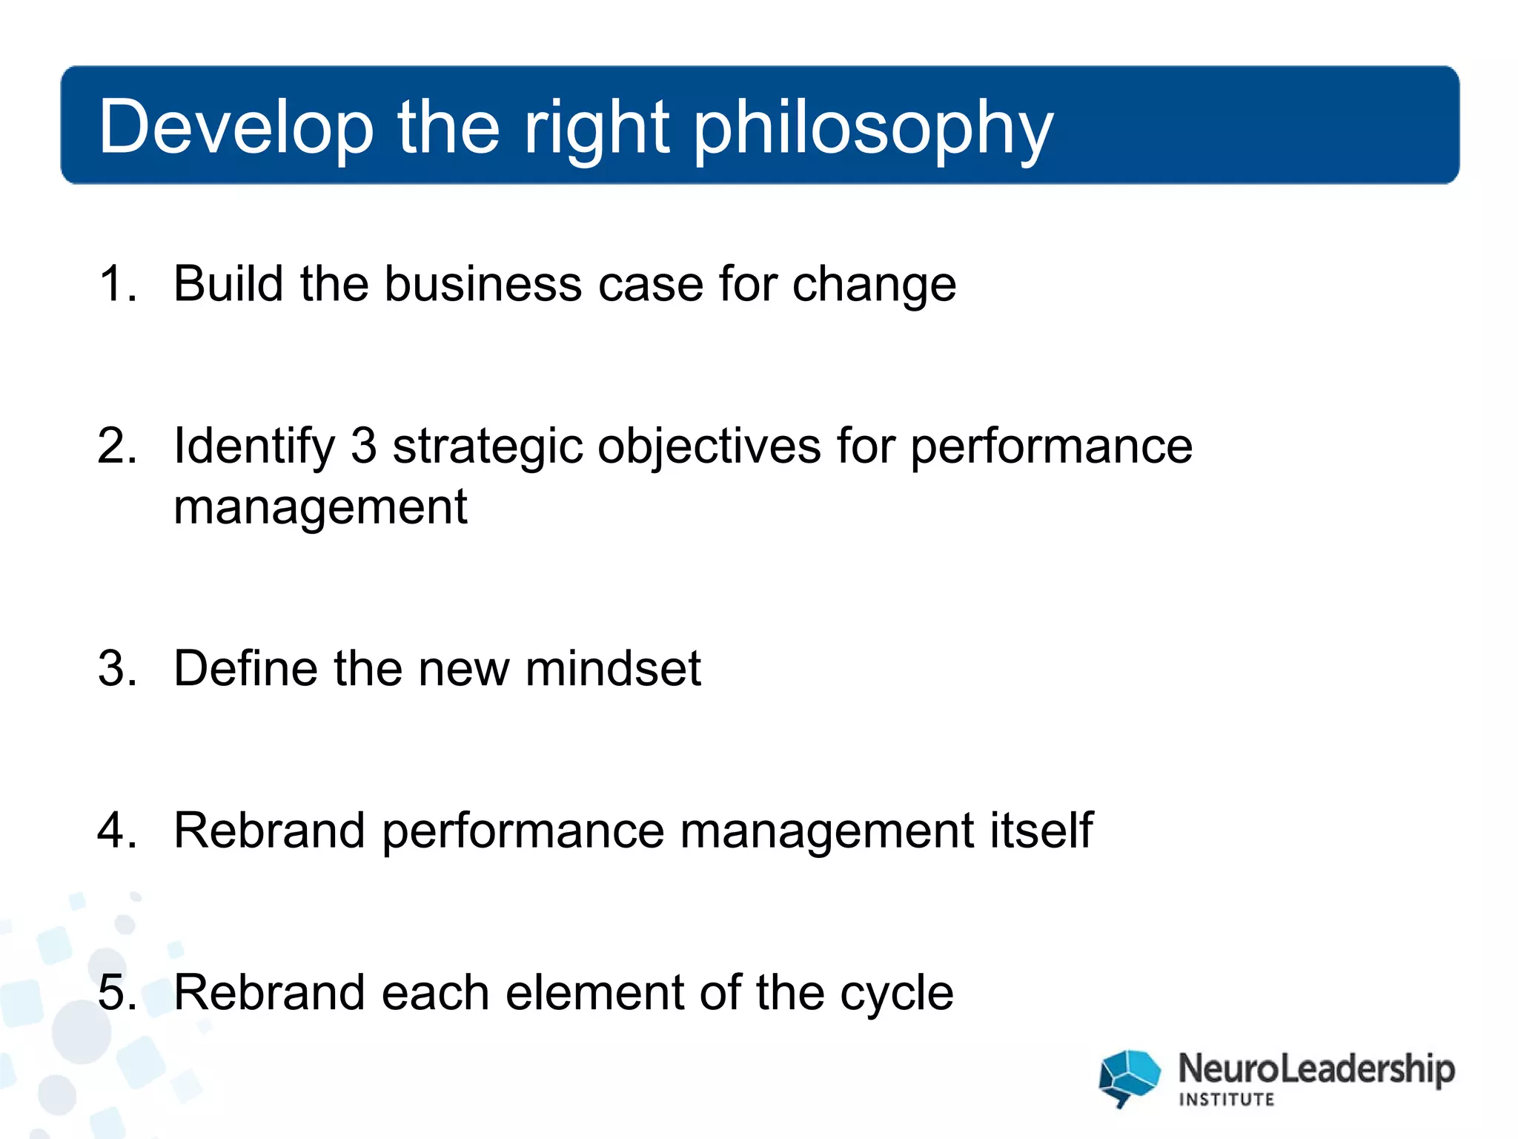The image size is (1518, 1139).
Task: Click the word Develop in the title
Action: (236, 128)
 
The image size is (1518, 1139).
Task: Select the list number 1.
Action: (116, 284)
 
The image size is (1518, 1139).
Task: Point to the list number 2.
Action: (117, 446)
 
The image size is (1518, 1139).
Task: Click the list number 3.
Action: (117, 669)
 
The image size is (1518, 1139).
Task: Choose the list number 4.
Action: (117, 831)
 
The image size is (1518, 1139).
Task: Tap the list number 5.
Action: (117, 993)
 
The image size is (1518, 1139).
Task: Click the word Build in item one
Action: (228, 284)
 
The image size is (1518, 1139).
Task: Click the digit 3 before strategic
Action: (363, 446)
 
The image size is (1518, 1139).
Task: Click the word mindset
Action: (613, 669)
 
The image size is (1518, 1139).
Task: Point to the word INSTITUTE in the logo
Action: (1227, 1100)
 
